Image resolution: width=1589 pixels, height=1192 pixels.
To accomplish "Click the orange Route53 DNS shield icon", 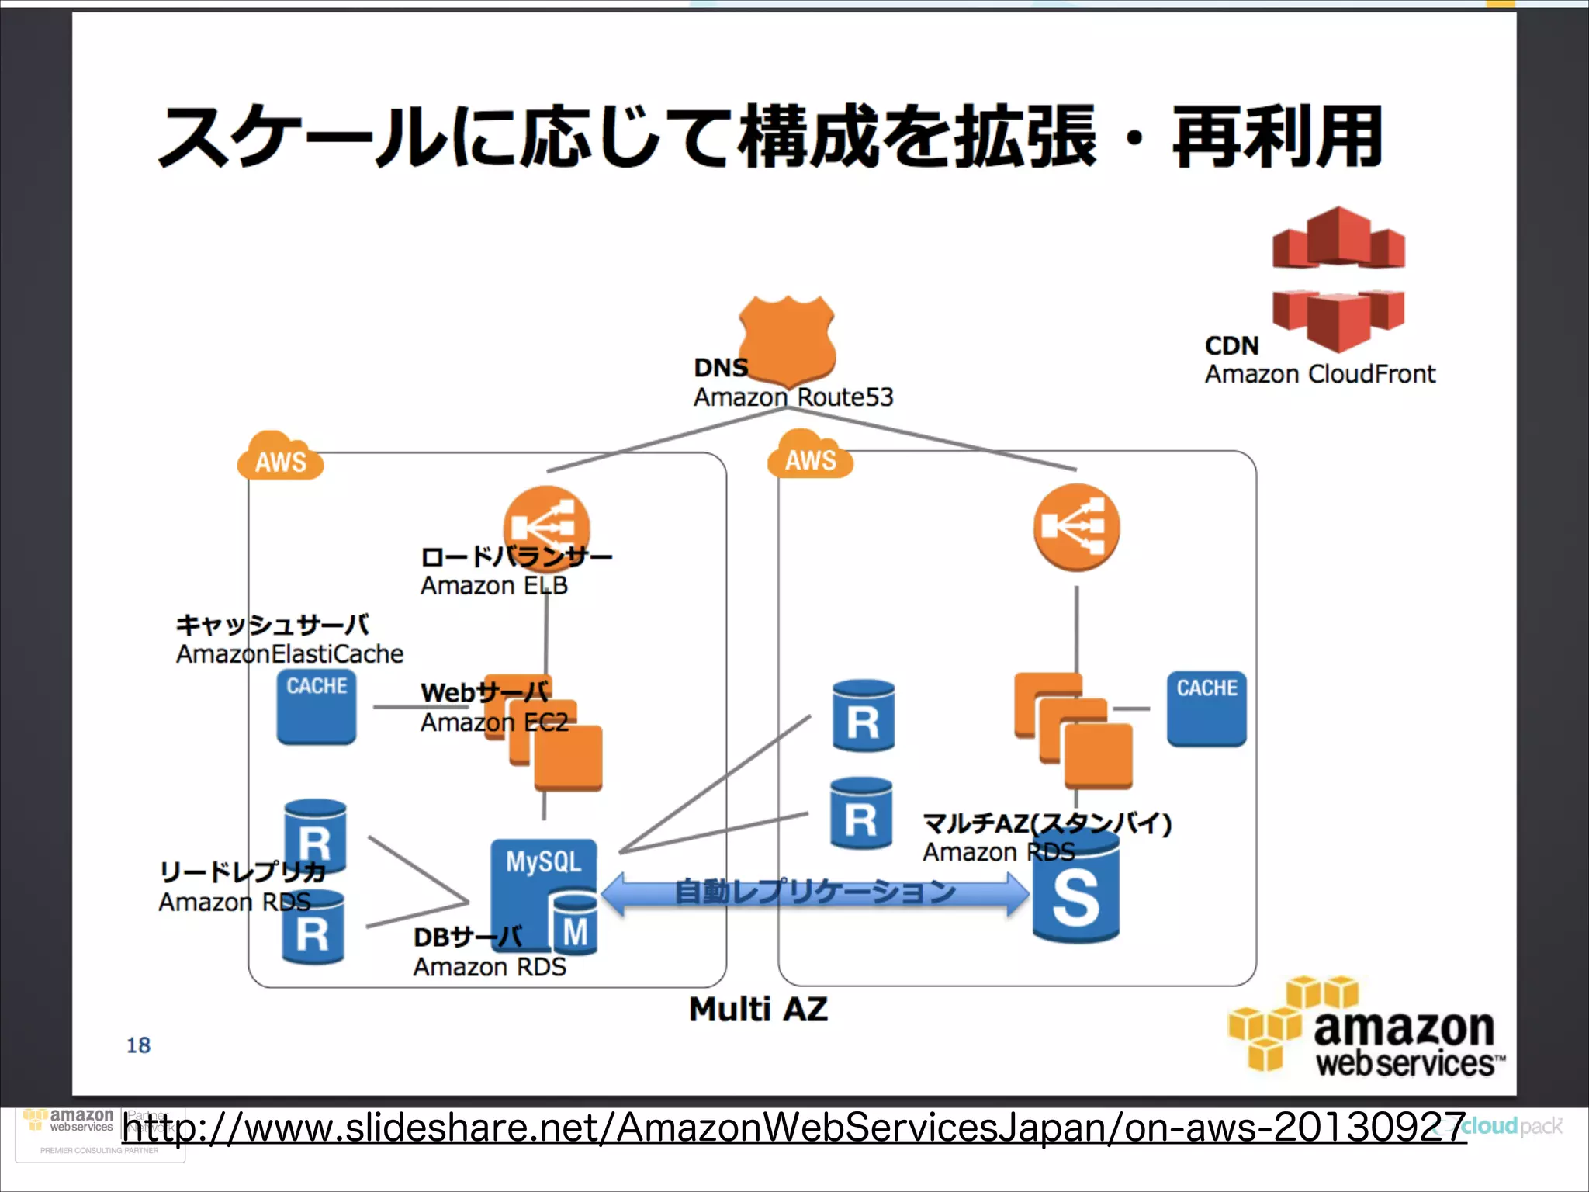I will click(x=787, y=338).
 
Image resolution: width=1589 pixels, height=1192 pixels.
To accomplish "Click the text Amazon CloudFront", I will click(x=1319, y=374).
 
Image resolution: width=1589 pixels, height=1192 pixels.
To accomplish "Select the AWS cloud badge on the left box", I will click(x=279, y=458).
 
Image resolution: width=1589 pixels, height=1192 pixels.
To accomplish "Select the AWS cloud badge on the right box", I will click(x=810, y=456).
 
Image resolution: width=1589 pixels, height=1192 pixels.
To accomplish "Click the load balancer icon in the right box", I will click(x=1076, y=528).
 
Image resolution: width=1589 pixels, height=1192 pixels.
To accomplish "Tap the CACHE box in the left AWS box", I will click(x=317, y=706).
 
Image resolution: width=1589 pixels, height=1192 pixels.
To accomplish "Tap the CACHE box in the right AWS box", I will click(x=1206, y=708).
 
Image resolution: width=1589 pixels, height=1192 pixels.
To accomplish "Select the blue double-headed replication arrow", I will click(x=815, y=892).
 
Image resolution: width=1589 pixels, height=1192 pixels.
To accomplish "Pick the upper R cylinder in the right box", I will click(x=863, y=716).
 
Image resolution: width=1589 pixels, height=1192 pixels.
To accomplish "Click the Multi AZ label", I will click(x=758, y=1009).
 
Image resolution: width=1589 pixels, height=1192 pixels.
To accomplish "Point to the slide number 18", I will click(x=138, y=1045).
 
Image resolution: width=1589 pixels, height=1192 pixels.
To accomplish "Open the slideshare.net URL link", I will click(x=791, y=1128).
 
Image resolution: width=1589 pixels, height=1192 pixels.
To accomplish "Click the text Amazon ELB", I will click(x=493, y=585).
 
